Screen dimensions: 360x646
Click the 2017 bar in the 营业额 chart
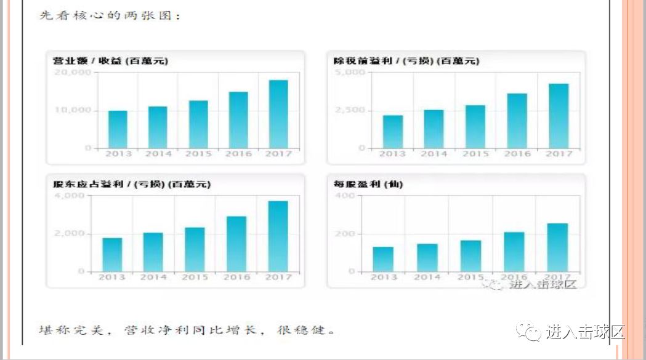278,114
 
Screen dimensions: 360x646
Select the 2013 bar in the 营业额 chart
118,129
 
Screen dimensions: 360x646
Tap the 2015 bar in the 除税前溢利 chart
475,127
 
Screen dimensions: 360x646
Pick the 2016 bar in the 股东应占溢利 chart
236,244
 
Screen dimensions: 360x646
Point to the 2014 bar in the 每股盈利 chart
427,257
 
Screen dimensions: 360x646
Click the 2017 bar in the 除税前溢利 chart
559,116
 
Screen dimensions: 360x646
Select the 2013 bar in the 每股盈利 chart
383,259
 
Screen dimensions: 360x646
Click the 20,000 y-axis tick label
73,73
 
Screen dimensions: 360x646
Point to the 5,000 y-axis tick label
350,73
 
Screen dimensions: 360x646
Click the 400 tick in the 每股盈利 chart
345,196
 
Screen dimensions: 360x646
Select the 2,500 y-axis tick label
350,110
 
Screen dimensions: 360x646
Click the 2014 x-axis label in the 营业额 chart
158,154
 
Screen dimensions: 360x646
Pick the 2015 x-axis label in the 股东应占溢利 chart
195,278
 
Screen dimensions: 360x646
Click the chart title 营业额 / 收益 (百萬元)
111,61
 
